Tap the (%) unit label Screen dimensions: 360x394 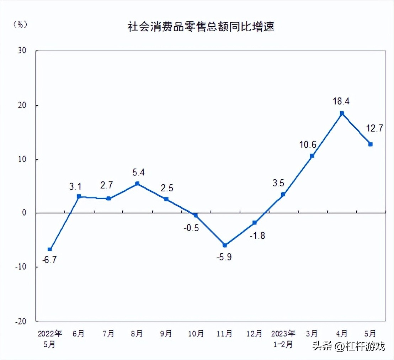[20, 25]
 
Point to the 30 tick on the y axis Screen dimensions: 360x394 [22, 51]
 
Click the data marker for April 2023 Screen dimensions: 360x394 [342, 113]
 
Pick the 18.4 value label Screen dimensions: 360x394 [341, 101]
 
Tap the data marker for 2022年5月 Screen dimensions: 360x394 [50, 249]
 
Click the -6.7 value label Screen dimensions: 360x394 [49, 260]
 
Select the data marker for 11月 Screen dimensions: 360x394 [225, 245]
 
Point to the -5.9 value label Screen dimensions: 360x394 [224, 256]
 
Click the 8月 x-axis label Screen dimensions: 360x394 [137, 334]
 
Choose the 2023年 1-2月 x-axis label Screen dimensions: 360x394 [283, 339]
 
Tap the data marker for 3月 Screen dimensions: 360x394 [312, 155]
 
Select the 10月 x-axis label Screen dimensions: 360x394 [196, 334]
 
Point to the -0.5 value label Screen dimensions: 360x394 [191, 228]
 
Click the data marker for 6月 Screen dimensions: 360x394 [79, 196]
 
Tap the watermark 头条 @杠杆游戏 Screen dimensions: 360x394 [348, 346]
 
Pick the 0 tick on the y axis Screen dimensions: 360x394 [24, 213]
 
